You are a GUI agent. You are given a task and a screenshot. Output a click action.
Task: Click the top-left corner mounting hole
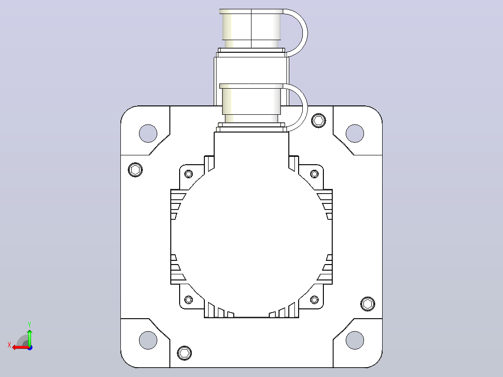coord(148,133)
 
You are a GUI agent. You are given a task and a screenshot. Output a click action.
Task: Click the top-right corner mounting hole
coord(355,133)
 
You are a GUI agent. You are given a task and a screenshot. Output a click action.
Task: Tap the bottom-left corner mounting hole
coord(148,340)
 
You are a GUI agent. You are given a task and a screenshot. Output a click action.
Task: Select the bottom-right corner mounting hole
coord(355,340)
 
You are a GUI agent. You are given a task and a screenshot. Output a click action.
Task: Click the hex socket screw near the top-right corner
coord(319,121)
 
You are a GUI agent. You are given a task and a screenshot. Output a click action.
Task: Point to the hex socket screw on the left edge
coord(135,169)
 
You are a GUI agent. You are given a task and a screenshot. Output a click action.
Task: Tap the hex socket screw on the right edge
coord(368,304)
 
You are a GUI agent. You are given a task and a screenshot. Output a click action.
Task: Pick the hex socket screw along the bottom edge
coord(184,353)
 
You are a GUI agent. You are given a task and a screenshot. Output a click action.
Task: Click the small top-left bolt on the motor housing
coord(189,174)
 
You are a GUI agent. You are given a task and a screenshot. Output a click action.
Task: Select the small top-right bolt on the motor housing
coord(314,174)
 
